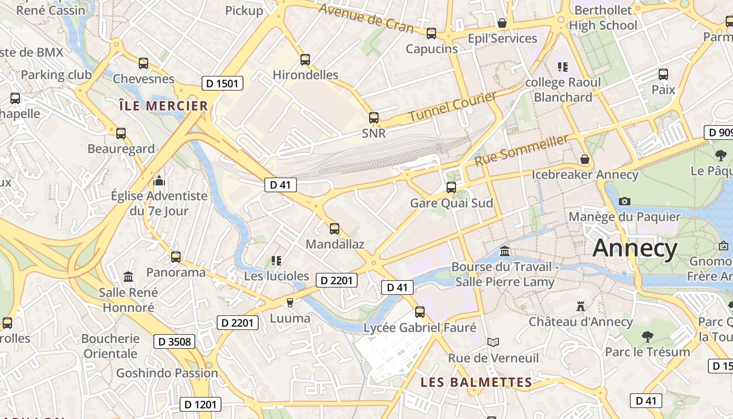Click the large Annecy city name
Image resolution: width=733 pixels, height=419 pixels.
[635, 248]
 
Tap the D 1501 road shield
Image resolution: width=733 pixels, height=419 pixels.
[223, 83]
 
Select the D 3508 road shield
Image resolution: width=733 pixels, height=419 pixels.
[174, 342]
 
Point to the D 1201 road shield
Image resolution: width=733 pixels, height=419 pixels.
[201, 404]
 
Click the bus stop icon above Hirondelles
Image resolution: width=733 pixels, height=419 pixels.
[305, 60]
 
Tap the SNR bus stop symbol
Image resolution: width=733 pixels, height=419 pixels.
[374, 118]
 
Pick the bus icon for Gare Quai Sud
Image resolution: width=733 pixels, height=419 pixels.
[451, 187]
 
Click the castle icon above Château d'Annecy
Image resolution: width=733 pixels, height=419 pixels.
[580, 306]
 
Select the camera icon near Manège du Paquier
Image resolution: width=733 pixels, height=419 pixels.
[624, 201]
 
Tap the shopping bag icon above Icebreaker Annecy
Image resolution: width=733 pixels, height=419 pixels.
[585, 159]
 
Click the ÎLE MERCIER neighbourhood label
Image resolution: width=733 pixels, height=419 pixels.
[163, 106]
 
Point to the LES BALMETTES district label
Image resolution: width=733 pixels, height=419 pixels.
[476, 382]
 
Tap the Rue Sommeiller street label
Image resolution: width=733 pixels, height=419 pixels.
[521, 150]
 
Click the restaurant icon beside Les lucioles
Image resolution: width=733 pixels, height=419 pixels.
[276, 260]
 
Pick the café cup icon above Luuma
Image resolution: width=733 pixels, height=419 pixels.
[290, 303]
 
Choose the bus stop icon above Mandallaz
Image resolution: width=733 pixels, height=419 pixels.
[335, 229]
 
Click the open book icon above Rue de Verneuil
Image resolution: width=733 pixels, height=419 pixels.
[493, 342]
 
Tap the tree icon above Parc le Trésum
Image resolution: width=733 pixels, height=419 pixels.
[647, 336]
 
